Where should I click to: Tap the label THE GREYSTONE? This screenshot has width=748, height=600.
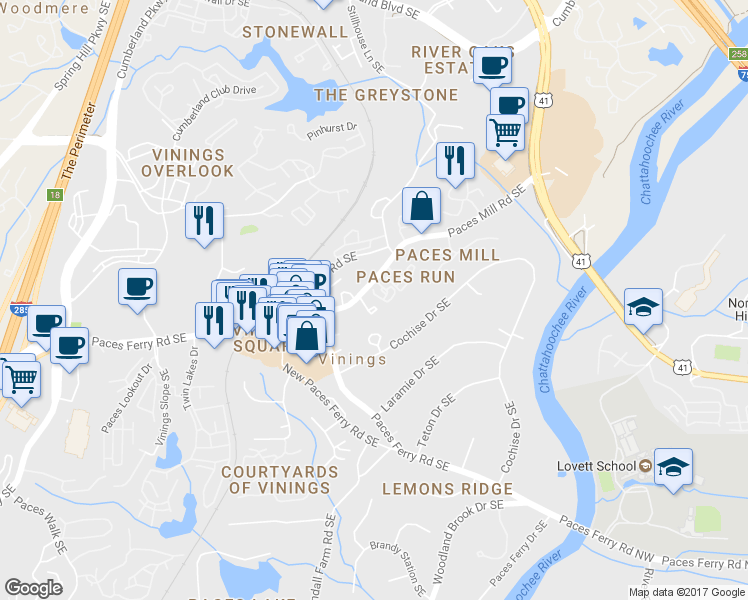click(386, 95)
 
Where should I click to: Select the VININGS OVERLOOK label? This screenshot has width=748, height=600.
click(194, 163)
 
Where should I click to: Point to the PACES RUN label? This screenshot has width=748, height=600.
click(405, 276)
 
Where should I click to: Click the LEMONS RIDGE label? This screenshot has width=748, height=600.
click(447, 489)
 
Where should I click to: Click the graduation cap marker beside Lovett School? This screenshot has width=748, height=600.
click(674, 466)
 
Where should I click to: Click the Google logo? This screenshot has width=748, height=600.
click(34, 588)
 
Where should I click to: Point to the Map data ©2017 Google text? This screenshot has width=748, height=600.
click(686, 592)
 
